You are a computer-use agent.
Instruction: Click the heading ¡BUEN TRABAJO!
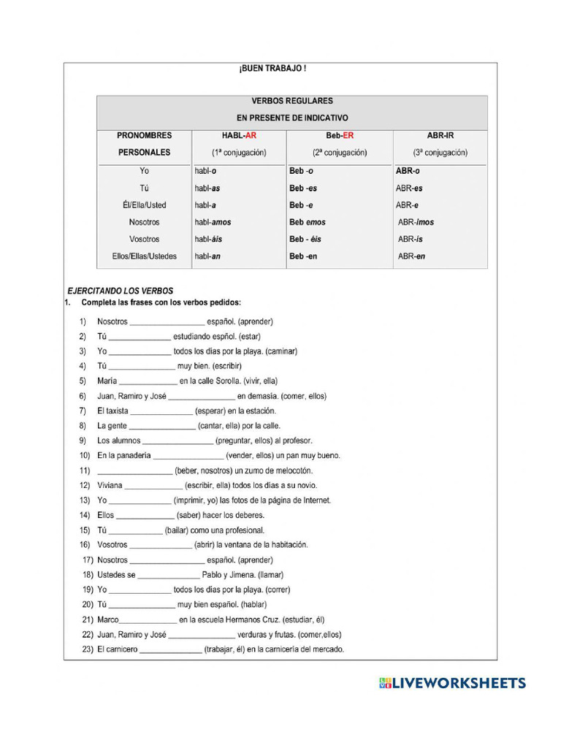pos(272,69)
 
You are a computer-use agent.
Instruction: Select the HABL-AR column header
pos(239,135)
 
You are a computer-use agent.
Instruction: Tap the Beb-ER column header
pos(339,135)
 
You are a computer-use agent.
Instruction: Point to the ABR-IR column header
pos(440,135)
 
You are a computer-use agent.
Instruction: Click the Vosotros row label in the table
pos(144,239)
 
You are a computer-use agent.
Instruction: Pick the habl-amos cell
pos(213,222)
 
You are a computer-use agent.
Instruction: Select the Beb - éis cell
pos(305,239)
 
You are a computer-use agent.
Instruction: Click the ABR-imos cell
pos(416,222)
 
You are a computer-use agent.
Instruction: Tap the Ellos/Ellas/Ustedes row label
pos(144,256)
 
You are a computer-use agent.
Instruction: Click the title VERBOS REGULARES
pos(292,101)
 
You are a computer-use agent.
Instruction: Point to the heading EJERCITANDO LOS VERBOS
pos(121,291)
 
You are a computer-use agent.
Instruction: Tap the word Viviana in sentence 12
pos(110,485)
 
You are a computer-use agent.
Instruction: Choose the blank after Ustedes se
pos(168,576)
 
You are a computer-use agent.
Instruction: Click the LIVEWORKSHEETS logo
pos(452,683)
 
